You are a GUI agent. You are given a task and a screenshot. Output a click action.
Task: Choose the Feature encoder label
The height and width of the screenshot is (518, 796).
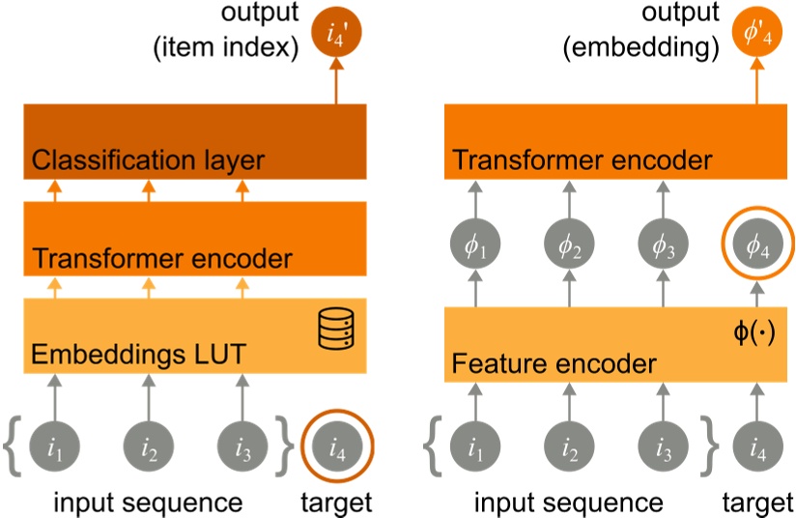click(554, 364)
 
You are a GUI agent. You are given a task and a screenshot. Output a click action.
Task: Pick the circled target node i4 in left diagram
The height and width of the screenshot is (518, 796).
click(336, 447)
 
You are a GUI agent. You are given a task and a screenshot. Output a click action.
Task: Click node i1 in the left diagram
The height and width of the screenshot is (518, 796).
click(53, 447)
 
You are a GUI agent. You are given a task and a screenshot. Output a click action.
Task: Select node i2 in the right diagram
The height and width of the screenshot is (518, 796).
click(567, 447)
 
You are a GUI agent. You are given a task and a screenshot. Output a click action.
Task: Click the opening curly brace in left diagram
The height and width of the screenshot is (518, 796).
click(12, 447)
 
